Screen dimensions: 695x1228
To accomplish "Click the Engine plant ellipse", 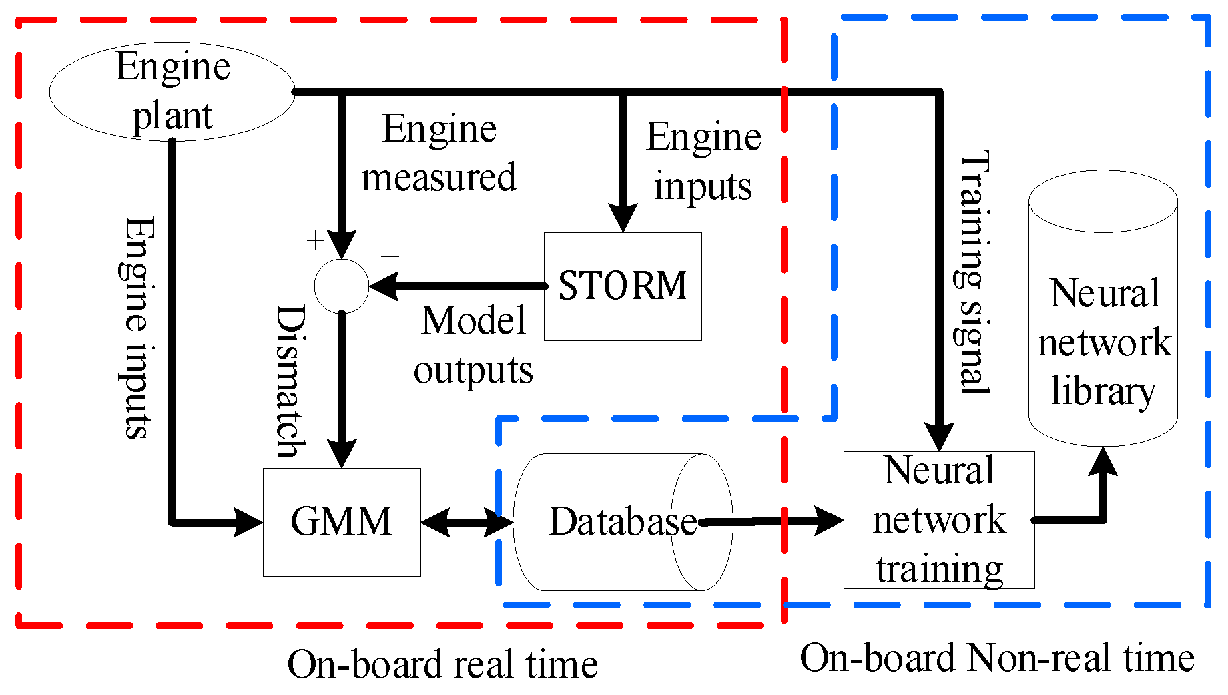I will coord(172,91).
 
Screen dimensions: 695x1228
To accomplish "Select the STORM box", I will coord(622,286).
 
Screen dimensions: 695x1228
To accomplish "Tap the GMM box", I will coord(341,521).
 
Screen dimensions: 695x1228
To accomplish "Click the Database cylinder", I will coord(622,522).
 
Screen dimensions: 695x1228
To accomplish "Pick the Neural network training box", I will coord(938,520).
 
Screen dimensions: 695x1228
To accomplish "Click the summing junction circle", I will coord(341,286).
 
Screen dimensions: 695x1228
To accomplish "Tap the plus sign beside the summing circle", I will coord(315,240).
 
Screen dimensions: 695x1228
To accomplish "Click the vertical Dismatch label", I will coord(292,381).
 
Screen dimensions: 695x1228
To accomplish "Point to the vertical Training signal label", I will coord(974,273).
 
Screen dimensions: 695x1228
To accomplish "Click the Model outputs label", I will coord(473,346).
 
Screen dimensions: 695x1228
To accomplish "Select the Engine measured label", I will coord(439,153).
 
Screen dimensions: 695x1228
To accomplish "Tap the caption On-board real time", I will coord(442,664).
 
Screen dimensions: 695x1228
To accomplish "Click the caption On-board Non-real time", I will coord(997,658).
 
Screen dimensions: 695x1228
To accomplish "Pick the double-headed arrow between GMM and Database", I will coord(466,522).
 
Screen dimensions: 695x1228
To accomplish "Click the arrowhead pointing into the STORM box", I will coord(623,218).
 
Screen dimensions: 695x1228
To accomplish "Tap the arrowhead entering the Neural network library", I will coord(1103,461).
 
